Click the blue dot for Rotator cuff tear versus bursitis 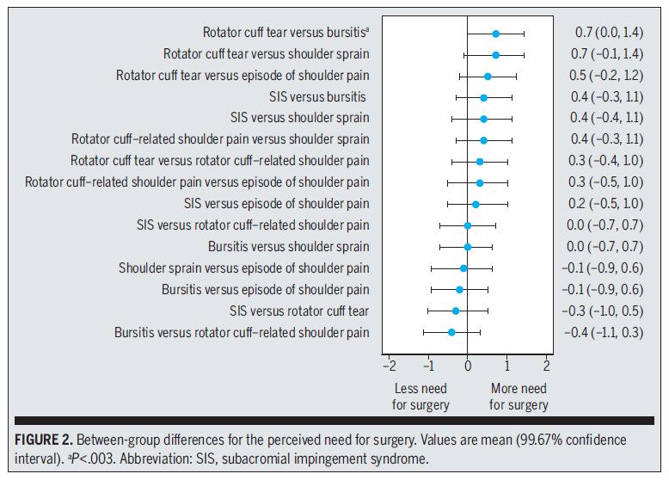pyautogui.click(x=495, y=34)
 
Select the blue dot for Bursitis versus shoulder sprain pyautogui.click(x=468, y=247)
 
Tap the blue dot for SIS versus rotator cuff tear pyautogui.click(x=456, y=311)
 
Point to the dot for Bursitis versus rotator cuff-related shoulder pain pyautogui.click(x=451, y=332)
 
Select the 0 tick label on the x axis pyautogui.click(x=468, y=365)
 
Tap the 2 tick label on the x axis pyautogui.click(x=546, y=365)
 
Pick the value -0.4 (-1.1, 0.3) pyautogui.click(x=603, y=332)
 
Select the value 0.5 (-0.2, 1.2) pyautogui.click(x=609, y=76)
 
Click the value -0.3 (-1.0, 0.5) pyautogui.click(x=603, y=311)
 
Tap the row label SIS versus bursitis pyautogui.click(x=317, y=96)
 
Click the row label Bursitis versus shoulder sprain pyautogui.click(x=288, y=247)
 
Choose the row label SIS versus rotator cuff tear pyautogui.click(x=299, y=311)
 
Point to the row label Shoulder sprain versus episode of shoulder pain pyautogui.click(x=243, y=268)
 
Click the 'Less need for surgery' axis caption pyautogui.click(x=420, y=397)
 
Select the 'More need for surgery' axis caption pyautogui.click(x=518, y=397)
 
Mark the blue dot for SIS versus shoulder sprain pyautogui.click(x=483, y=119)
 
